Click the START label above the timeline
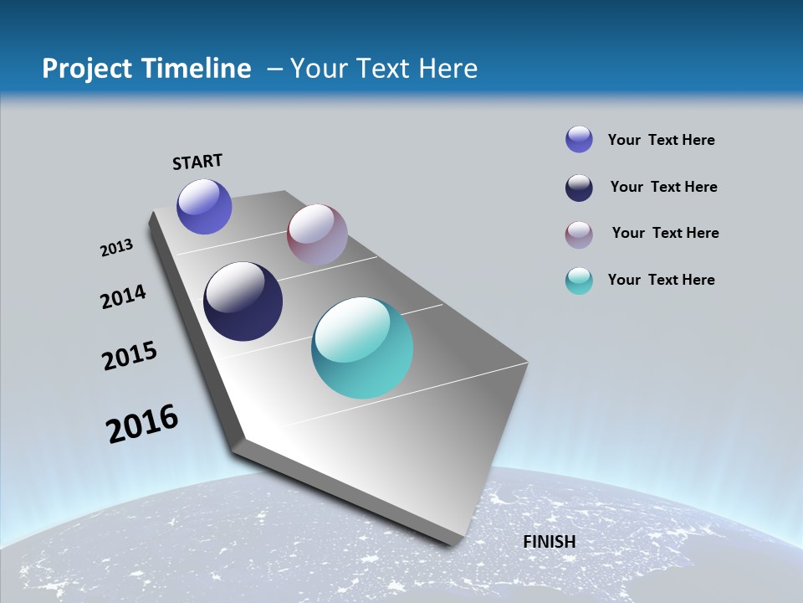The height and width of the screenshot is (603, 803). (197, 161)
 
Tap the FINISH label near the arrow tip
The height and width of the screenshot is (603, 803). (550, 542)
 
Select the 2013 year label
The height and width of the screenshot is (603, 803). (116, 248)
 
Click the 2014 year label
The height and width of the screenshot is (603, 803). (123, 296)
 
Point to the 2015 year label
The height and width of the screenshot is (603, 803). (130, 355)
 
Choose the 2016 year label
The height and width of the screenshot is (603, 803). (142, 423)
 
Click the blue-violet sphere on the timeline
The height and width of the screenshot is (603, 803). (204, 206)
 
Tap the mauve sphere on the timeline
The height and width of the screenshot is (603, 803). (317, 234)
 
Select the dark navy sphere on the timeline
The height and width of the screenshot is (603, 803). (243, 301)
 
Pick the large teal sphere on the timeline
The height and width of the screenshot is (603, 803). (362, 348)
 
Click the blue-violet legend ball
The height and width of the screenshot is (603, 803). (579, 140)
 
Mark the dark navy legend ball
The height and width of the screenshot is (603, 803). (579, 188)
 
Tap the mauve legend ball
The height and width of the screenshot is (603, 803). (579, 234)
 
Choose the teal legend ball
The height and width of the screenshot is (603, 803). (579, 281)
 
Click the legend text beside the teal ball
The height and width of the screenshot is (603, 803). (661, 280)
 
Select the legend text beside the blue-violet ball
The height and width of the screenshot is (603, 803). (661, 140)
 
